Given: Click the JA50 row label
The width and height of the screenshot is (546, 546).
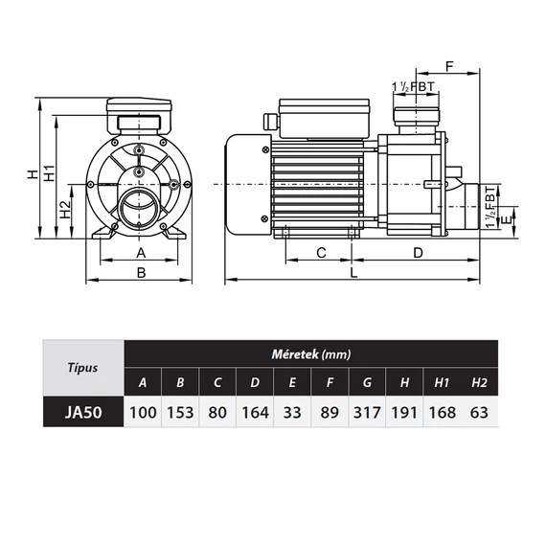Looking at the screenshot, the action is (83, 412).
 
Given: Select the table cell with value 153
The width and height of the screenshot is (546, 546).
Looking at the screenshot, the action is (180, 412).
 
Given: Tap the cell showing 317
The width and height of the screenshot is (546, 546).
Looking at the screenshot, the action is (367, 412).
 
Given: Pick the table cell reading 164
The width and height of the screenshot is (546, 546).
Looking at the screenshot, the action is (255, 412).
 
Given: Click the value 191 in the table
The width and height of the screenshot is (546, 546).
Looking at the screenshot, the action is (404, 412).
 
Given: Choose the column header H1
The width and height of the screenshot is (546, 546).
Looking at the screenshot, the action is (442, 382).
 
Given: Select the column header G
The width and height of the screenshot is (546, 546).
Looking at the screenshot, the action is (367, 382).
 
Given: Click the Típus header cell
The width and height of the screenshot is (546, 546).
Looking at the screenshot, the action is (83, 368).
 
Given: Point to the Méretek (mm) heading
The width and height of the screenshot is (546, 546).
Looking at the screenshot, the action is (311, 354).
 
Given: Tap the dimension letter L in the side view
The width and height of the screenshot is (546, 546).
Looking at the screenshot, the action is (353, 273).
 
